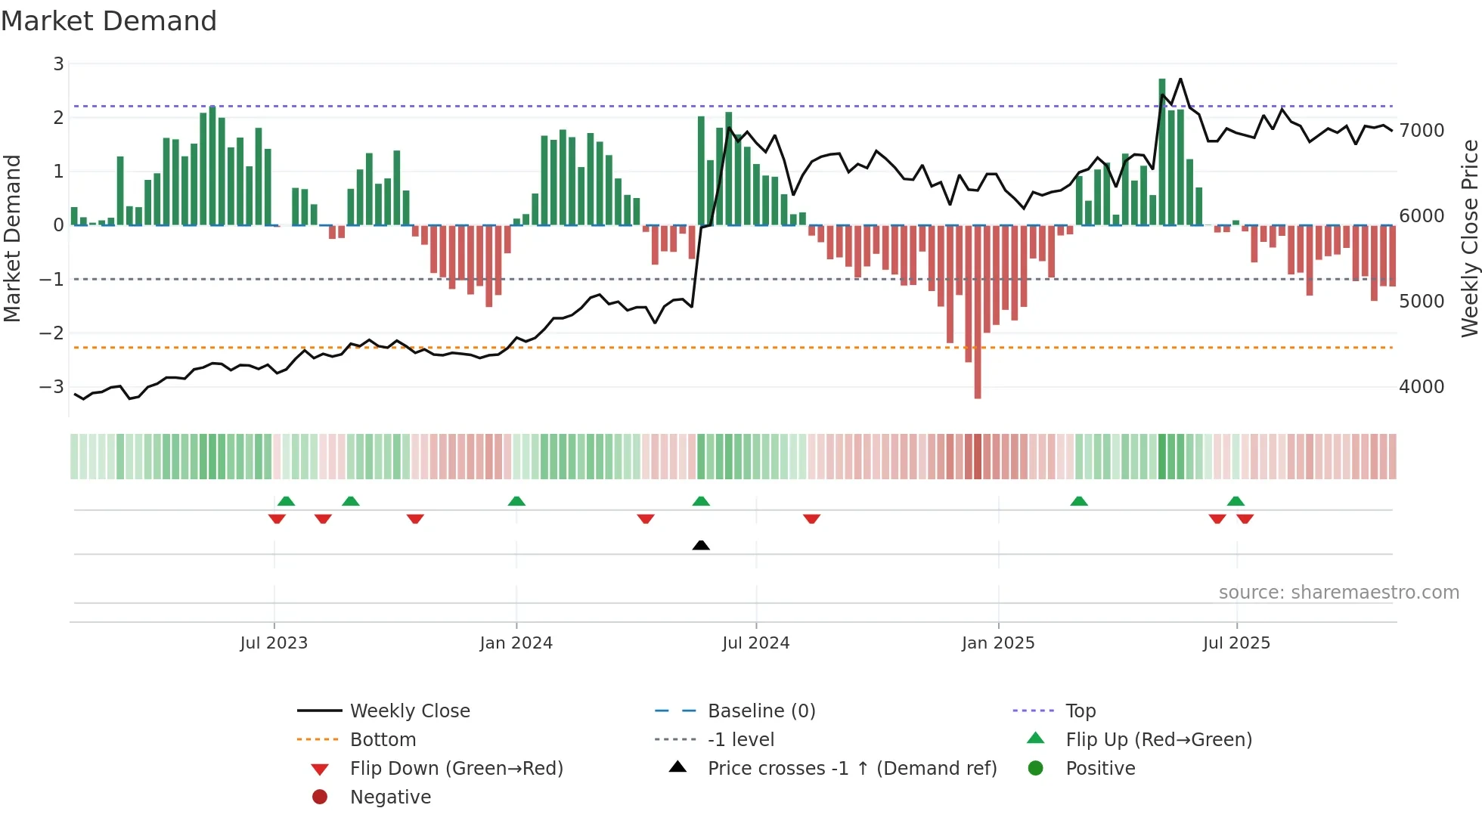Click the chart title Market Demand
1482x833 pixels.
click(109, 21)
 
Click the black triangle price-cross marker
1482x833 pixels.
click(701, 545)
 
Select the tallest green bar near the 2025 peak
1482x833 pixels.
click(1162, 151)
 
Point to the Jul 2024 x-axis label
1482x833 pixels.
click(755, 643)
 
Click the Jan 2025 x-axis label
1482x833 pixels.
click(998, 643)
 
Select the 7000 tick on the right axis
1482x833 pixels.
click(1422, 131)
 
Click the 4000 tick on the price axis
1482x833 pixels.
click(1422, 387)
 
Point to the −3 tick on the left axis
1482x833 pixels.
click(51, 387)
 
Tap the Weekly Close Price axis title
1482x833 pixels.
click(1469, 238)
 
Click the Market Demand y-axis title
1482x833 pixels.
click(13, 238)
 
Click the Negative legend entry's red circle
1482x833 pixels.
click(320, 797)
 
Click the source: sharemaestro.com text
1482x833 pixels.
click(1338, 593)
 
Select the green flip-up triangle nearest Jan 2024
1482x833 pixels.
click(516, 501)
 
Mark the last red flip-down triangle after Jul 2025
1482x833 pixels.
click(1245, 519)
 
